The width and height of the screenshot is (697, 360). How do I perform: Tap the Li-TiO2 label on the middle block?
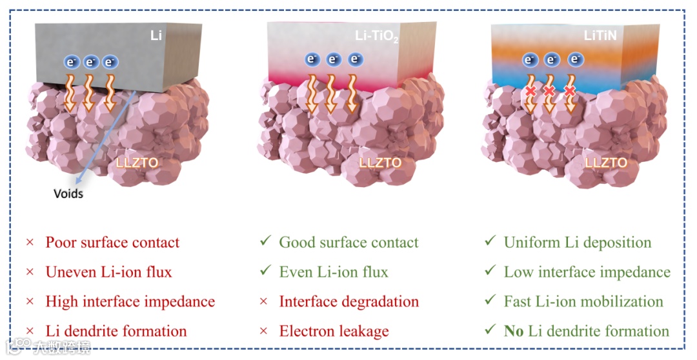[x=377, y=37]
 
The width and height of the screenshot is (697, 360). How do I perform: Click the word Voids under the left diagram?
[x=68, y=193]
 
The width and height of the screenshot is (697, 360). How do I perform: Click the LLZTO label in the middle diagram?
[x=380, y=162]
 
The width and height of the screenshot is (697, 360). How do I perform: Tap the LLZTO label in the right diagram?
[x=605, y=162]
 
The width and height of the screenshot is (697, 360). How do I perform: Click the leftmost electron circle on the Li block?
[x=71, y=62]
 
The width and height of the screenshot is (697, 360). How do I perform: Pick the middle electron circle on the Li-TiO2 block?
[x=334, y=60]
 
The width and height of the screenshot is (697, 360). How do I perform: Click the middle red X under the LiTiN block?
[x=550, y=92]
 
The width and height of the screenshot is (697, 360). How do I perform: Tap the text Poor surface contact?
[x=112, y=243]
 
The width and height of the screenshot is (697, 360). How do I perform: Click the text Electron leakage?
[x=334, y=332]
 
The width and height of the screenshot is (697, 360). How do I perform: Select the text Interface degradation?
[x=348, y=302]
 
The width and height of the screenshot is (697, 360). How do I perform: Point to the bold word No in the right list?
[x=514, y=332]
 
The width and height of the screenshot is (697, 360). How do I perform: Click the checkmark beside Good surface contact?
[x=264, y=242]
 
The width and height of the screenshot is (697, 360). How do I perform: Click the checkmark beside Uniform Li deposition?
[x=490, y=242]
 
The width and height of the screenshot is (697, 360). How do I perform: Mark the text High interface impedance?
[x=130, y=302]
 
